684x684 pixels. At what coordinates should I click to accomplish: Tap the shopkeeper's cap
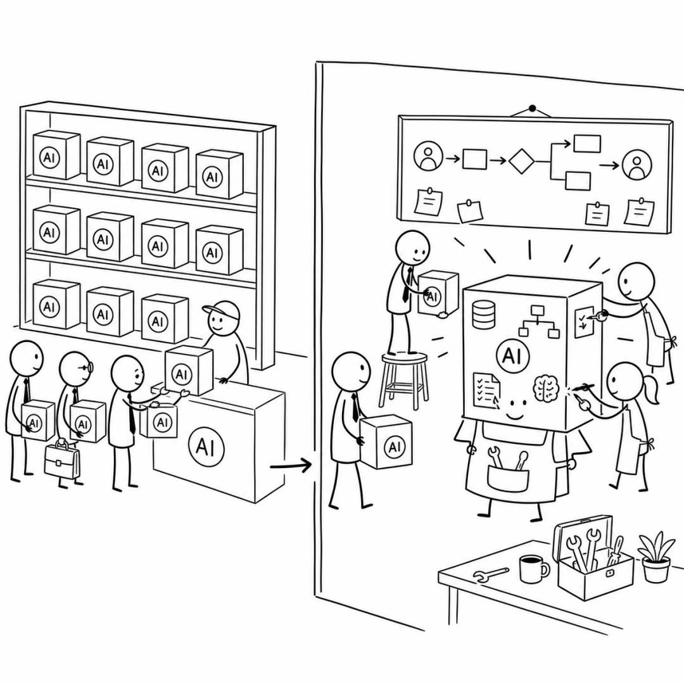point(222,310)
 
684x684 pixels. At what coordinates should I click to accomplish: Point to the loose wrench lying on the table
point(491,574)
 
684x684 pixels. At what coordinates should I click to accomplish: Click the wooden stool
point(404,379)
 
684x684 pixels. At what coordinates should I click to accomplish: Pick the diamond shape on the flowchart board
point(521,161)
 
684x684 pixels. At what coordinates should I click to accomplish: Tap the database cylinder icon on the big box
point(484,314)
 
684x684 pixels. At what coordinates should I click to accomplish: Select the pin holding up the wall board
point(532,108)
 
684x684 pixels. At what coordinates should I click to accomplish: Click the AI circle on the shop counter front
point(206,447)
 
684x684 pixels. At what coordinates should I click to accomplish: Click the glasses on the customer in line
point(85,368)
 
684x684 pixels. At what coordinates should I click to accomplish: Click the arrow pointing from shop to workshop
point(291,466)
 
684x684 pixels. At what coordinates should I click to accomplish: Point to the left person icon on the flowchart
point(428,156)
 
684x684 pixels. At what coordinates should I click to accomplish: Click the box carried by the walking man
point(386,442)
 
